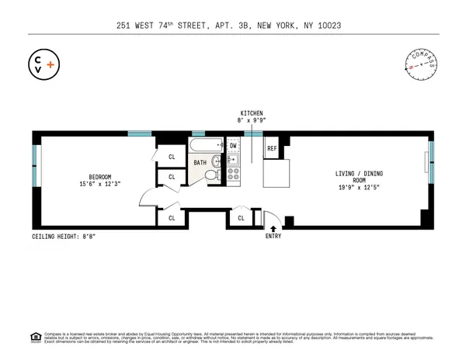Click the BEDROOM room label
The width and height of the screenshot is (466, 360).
pos(101,175)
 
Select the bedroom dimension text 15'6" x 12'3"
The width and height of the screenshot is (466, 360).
pos(101,184)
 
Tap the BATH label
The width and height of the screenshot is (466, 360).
pos(200,163)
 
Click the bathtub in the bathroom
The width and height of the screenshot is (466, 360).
pos(207,146)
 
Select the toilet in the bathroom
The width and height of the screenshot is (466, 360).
pos(210,175)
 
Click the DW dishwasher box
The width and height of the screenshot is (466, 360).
pos(233,146)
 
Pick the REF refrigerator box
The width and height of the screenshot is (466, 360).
pos(273,147)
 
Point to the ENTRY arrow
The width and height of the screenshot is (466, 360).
pos(273,227)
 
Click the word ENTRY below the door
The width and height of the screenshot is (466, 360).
pos(273,236)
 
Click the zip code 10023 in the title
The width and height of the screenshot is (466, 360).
pos(328,25)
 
